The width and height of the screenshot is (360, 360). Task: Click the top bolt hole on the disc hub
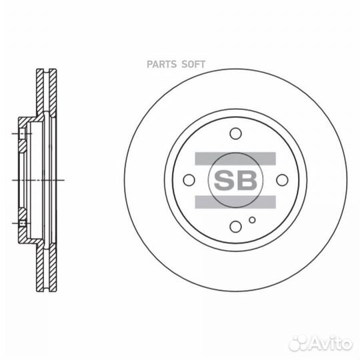point(235,133)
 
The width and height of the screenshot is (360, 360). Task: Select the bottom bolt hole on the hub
point(235,227)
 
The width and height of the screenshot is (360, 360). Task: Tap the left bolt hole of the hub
point(189,180)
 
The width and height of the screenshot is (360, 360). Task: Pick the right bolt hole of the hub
point(282,180)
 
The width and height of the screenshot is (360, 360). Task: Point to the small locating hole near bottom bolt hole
point(252,220)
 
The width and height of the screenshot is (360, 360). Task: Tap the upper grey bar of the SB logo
point(235,159)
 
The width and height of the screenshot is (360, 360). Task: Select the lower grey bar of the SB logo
point(235,202)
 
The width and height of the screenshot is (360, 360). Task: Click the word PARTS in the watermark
point(161,64)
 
